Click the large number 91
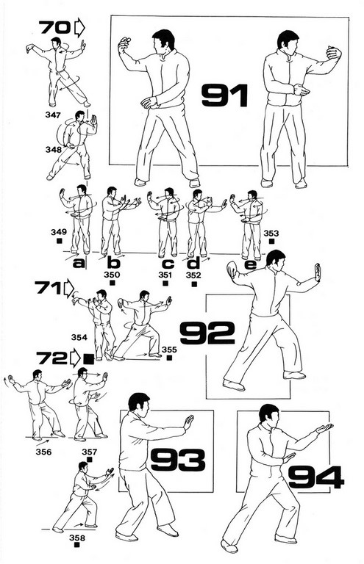(x=225, y=95)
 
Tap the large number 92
(x=207, y=333)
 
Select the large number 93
(x=178, y=459)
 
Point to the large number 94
(x=316, y=477)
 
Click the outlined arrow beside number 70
(x=79, y=28)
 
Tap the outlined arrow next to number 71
(x=68, y=289)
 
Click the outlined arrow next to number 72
(x=75, y=358)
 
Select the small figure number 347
(x=53, y=115)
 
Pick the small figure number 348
(x=54, y=149)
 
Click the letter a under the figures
(x=79, y=264)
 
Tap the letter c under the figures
(x=168, y=264)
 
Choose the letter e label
(x=251, y=264)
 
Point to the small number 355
(x=169, y=350)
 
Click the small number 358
(x=77, y=538)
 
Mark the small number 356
(x=43, y=452)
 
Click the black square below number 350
(x=113, y=283)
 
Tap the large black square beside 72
(x=88, y=359)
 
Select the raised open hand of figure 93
(x=188, y=422)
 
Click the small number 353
(x=271, y=234)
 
